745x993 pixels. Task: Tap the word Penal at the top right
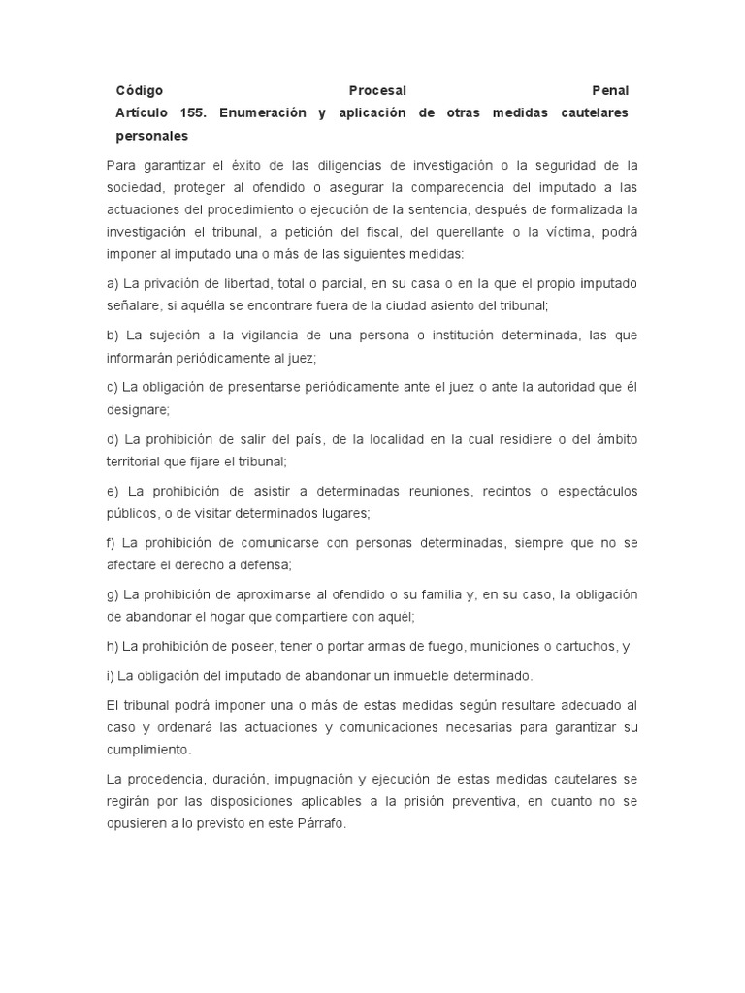610,90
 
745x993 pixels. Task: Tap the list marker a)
113,283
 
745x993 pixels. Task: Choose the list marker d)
113,439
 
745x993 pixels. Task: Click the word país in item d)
303,439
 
